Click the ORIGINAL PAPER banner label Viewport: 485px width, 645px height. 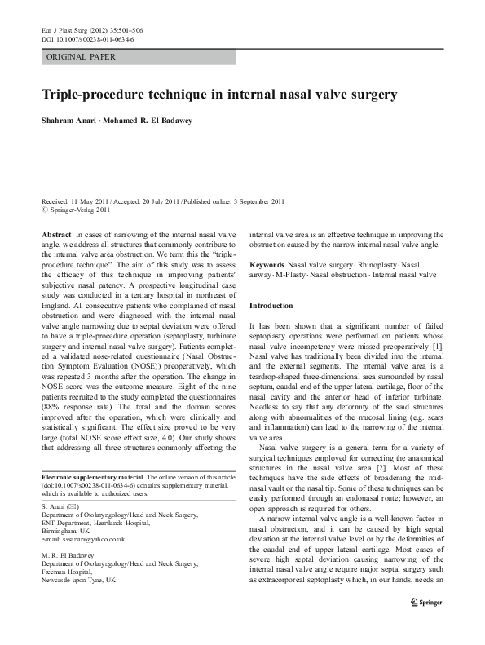81,57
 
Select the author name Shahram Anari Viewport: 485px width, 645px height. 68,122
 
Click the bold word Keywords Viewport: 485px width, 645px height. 267,266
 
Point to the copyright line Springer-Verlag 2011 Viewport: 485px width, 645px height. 77,210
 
